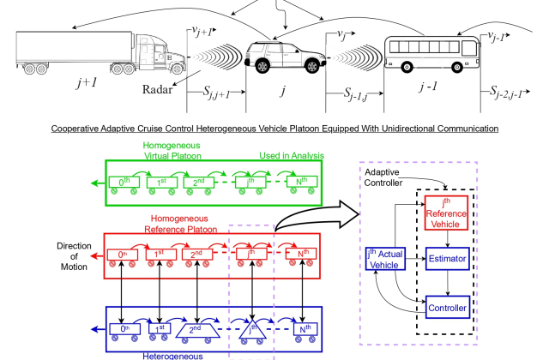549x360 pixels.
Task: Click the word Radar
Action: [157, 89]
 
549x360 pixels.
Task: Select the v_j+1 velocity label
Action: [199, 33]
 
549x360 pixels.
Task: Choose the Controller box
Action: [446, 306]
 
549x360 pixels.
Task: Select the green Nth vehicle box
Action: [305, 182]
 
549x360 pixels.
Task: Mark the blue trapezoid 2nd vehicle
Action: [205, 327]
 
